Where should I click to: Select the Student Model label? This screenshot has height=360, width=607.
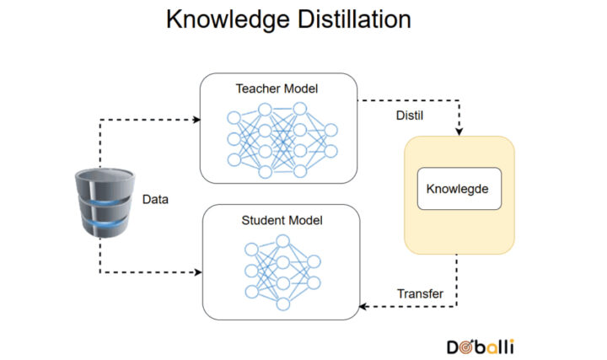point(282,221)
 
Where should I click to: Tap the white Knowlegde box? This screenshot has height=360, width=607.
point(459,189)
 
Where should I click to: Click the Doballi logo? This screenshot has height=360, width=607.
point(481,346)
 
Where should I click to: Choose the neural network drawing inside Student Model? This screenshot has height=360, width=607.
point(282,271)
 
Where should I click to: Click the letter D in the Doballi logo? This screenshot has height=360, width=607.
point(453,346)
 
